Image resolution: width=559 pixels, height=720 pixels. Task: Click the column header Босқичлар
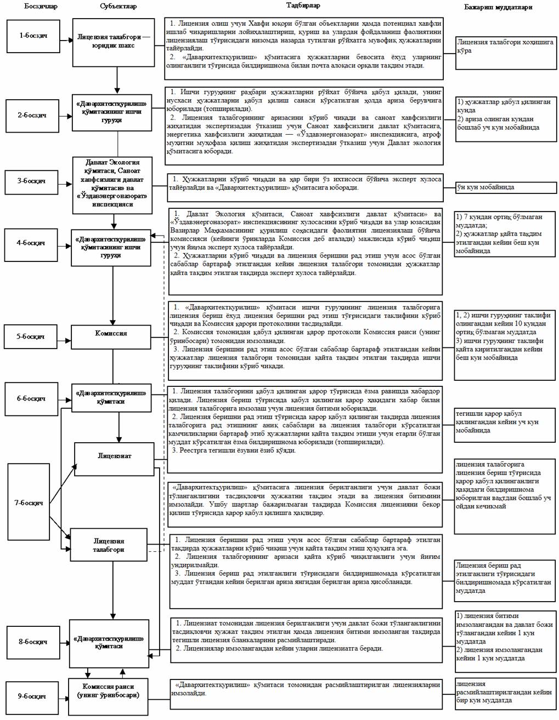(40, 7)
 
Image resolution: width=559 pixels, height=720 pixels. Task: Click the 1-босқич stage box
(33, 36)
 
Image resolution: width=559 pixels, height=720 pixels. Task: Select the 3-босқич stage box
(33, 181)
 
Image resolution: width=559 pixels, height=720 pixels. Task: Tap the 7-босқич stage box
(29, 502)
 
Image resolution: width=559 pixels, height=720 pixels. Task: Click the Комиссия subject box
(111, 334)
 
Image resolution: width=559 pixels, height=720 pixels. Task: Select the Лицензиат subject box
(115, 456)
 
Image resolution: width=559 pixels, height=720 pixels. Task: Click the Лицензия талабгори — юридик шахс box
(113, 42)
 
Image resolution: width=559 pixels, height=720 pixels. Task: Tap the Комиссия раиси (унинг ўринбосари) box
(108, 691)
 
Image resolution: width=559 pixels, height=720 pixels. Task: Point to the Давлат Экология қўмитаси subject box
(112, 184)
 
